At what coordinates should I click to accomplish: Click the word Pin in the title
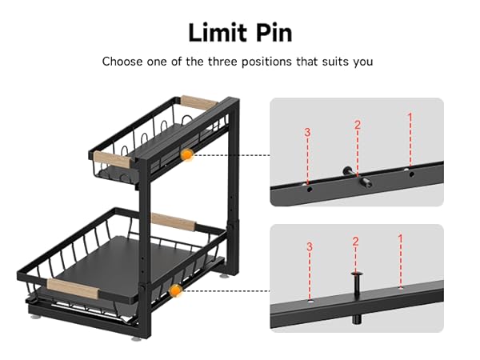pos(274,33)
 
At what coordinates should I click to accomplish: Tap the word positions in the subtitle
pos(266,62)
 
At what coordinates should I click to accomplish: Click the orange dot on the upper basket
pos(186,155)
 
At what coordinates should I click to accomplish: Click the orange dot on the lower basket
pos(175,290)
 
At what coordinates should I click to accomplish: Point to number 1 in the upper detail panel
pos(410,117)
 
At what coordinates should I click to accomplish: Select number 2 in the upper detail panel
pos(358,125)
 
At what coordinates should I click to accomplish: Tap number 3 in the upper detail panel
pos(307,132)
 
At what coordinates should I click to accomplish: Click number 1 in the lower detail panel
pos(400,238)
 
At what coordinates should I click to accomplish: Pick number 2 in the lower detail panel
pos(355,242)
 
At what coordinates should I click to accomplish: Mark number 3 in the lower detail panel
pos(310,246)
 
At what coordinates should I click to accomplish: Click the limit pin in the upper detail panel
pos(358,177)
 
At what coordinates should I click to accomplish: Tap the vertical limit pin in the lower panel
pos(356,298)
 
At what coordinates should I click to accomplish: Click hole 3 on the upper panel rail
pos(310,189)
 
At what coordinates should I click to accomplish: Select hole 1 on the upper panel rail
pos(412,174)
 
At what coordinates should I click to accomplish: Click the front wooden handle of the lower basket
pos(73,288)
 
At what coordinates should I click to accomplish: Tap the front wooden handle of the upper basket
pos(112,159)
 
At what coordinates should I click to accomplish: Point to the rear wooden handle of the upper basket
pos(198,102)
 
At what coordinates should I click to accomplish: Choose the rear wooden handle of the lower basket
pos(174,222)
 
